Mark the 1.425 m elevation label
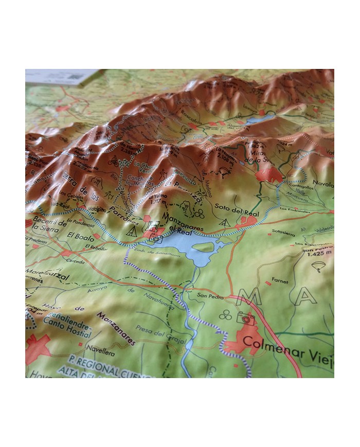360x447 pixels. (316, 254)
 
